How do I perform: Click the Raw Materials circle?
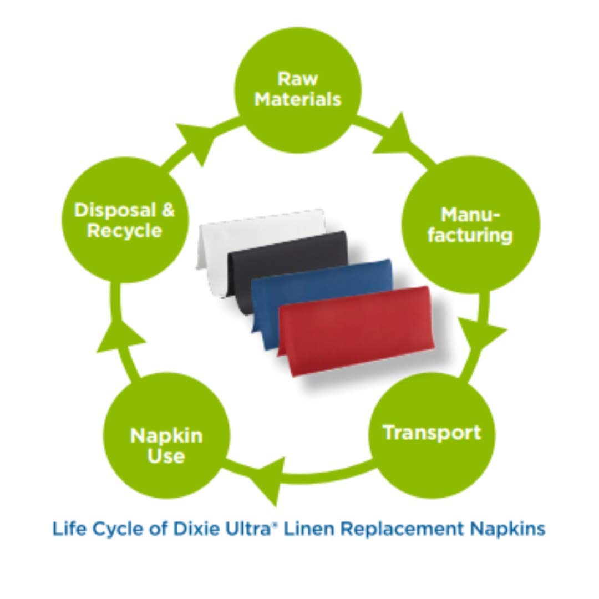click(298, 89)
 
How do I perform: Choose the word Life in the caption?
click(68, 528)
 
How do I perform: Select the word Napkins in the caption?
click(509, 529)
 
